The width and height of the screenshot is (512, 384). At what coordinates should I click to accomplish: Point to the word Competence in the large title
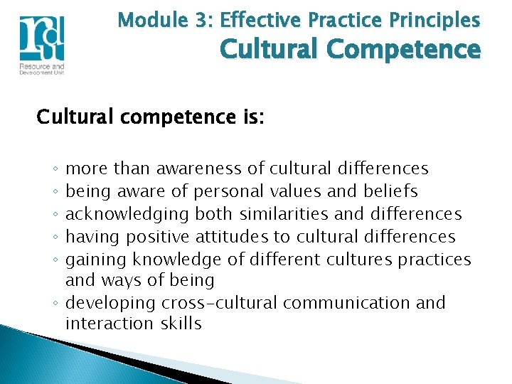(x=409, y=50)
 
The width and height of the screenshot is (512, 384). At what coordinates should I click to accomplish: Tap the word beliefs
(x=390, y=191)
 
